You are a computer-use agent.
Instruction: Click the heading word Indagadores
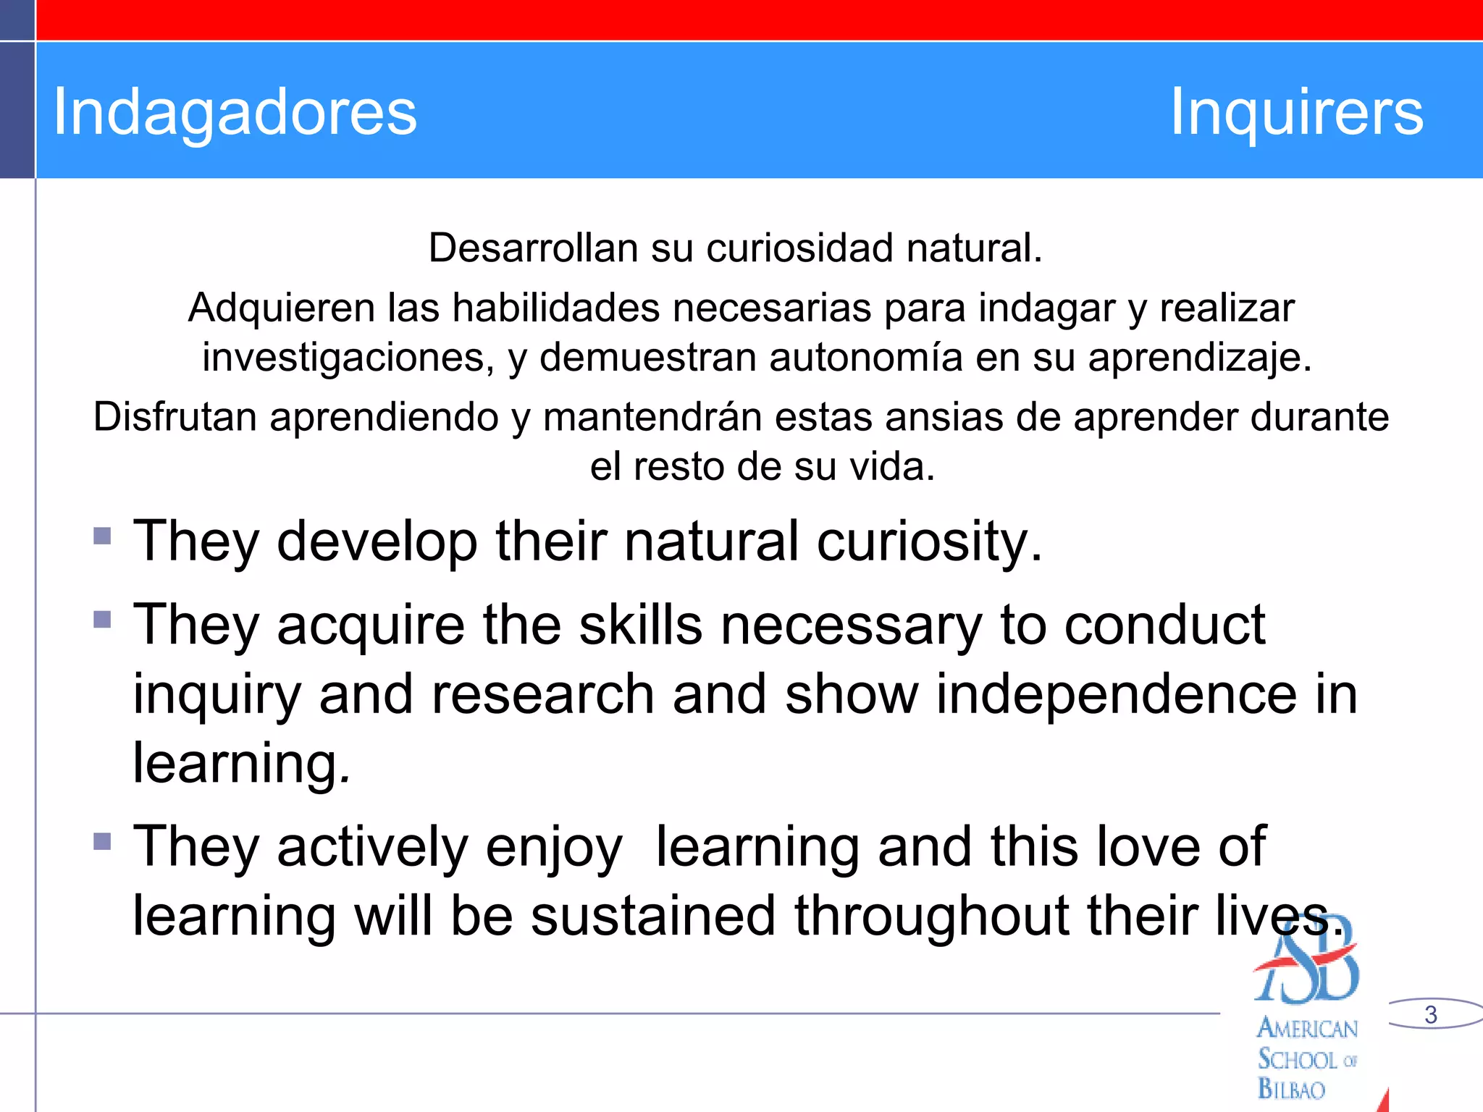(x=235, y=112)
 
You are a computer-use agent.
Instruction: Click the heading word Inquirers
(x=1296, y=112)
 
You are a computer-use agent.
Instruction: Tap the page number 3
(x=1430, y=1014)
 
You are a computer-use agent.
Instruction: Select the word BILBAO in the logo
(x=1291, y=1089)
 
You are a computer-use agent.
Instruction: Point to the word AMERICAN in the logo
(x=1307, y=1029)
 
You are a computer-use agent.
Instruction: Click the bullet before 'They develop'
(x=102, y=536)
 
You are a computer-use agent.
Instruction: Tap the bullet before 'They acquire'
(x=102, y=620)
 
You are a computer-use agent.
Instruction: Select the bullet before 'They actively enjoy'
(x=102, y=841)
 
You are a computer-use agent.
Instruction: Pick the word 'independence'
(x=1116, y=694)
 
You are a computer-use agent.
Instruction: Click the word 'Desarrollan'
(x=532, y=248)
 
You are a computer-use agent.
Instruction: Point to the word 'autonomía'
(x=865, y=358)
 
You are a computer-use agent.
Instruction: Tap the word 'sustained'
(x=652, y=916)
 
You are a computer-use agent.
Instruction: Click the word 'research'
(x=543, y=694)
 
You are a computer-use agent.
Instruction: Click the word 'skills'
(x=640, y=625)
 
